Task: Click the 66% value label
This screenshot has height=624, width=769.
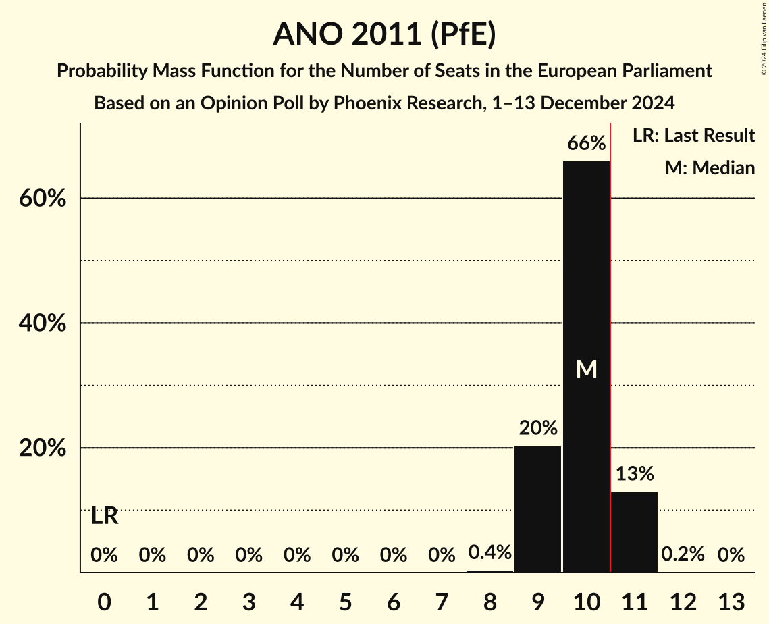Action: [586, 143]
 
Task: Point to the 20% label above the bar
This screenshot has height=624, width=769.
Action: [537, 428]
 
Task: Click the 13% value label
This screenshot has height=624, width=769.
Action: [634, 473]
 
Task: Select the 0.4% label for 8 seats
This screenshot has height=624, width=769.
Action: [489, 553]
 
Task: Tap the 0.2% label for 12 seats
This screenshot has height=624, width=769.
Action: [683, 554]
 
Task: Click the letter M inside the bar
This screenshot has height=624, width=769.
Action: [586, 369]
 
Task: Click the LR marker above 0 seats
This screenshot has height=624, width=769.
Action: [104, 517]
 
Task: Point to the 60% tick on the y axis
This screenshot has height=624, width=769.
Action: [42, 199]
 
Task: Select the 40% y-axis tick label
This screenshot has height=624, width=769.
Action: [42, 323]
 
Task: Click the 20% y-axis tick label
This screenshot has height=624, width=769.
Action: [42, 448]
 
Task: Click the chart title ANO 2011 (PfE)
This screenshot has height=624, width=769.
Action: [384, 34]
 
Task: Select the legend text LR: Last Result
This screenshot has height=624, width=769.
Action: [693, 136]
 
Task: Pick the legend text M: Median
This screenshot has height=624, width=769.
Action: [710, 167]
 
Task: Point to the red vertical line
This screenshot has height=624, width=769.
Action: [610, 338]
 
